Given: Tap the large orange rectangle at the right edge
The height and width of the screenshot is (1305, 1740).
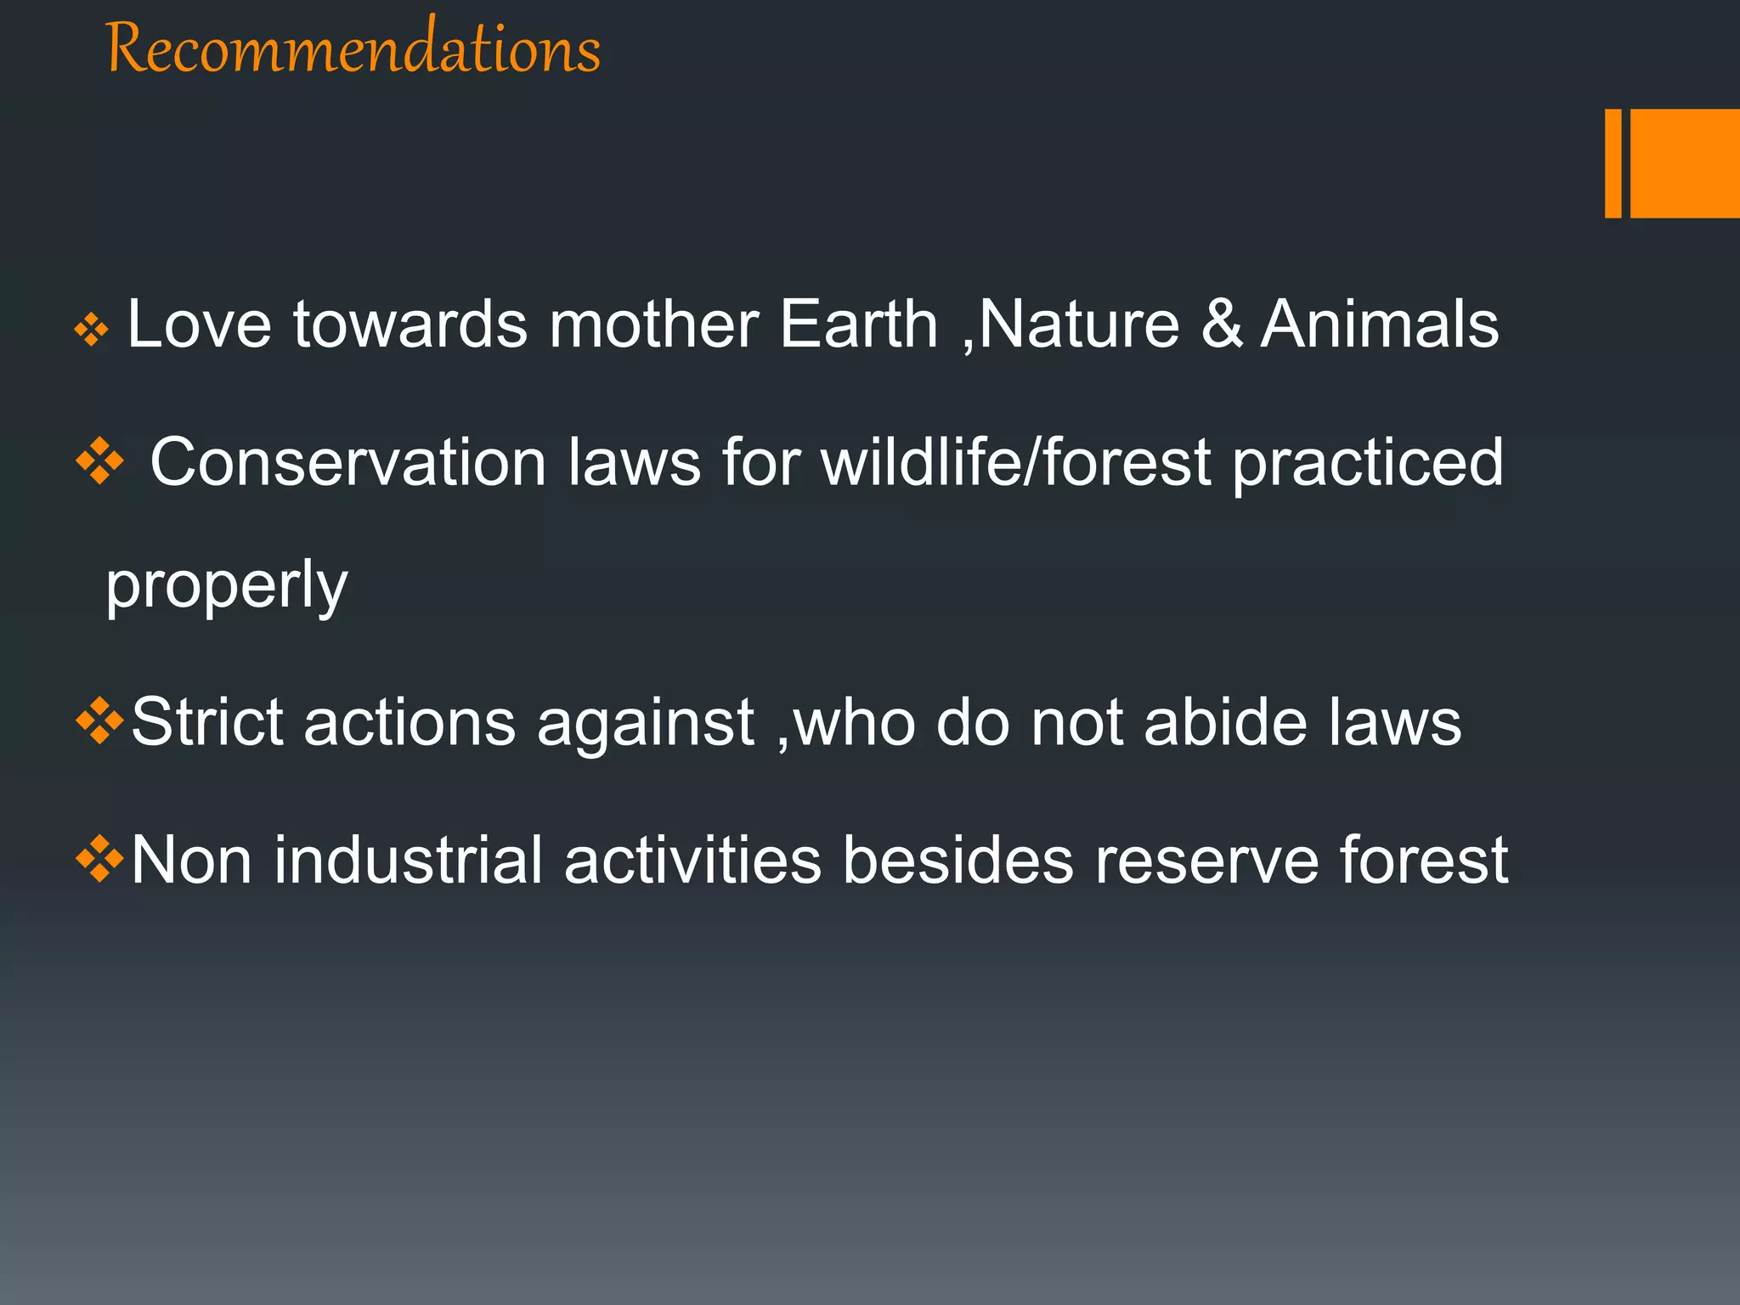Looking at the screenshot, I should (1685, 163).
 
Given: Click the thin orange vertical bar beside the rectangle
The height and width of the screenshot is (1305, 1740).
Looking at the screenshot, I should (1613, 163).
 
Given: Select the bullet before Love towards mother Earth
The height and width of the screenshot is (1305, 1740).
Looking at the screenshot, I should (91, 330).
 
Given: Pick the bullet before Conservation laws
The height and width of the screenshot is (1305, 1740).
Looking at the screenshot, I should (100, 461).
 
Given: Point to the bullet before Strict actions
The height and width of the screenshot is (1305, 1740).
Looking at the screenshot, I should (100, 721).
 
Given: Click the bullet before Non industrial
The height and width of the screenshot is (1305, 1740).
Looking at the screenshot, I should (100, 859).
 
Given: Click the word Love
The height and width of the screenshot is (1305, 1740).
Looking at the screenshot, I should (199, 325).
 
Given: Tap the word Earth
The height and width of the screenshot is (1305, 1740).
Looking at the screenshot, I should (858, 325).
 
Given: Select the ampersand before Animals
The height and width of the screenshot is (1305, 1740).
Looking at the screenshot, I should (1222, 325).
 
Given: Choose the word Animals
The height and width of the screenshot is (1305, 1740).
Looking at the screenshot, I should (1380, 325).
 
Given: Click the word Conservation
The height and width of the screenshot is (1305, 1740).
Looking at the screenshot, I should (348, 463).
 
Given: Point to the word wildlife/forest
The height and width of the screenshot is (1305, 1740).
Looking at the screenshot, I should (1016, 463).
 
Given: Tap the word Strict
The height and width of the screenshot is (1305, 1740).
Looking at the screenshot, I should (207, 722).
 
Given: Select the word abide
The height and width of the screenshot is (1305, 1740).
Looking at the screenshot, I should (1225, 722).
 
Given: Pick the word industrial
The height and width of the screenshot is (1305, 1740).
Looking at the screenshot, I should (408, 860).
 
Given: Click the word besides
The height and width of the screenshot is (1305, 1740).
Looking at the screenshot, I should (958, 860).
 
